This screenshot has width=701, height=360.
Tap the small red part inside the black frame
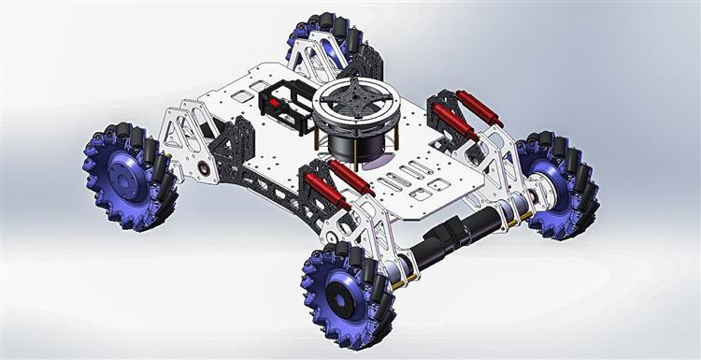(277, 103)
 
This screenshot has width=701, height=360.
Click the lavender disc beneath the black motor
(374, 161)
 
